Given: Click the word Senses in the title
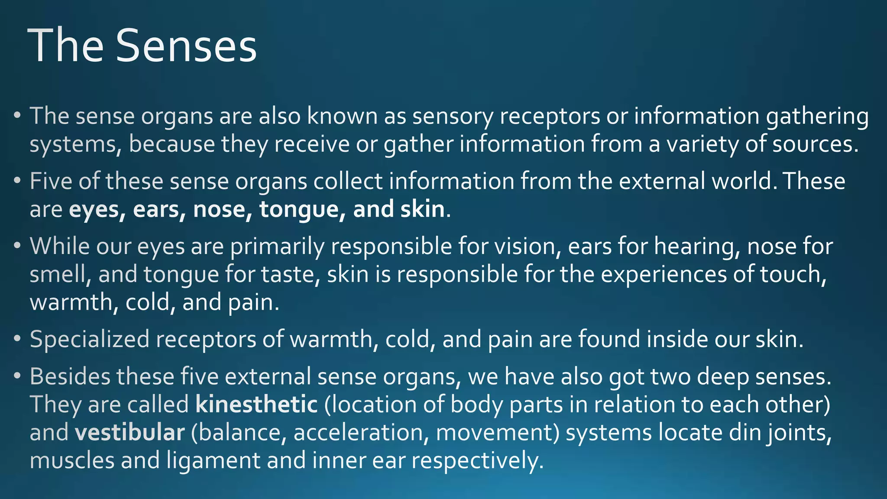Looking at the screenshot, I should pos(186,46).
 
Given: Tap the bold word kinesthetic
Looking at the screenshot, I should pos(257,405).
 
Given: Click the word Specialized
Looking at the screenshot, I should pos(90,339).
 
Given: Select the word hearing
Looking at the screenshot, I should pos(696,247).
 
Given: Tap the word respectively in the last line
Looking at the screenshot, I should pos(477,460).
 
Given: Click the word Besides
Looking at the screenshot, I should pos(70,376).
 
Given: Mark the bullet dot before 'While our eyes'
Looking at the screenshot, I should pos(17,246).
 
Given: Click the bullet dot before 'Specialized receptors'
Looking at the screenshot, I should pos(17,339).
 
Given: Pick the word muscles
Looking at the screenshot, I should pos(72,460).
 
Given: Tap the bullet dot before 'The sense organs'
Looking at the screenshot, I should pos(17,116).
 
